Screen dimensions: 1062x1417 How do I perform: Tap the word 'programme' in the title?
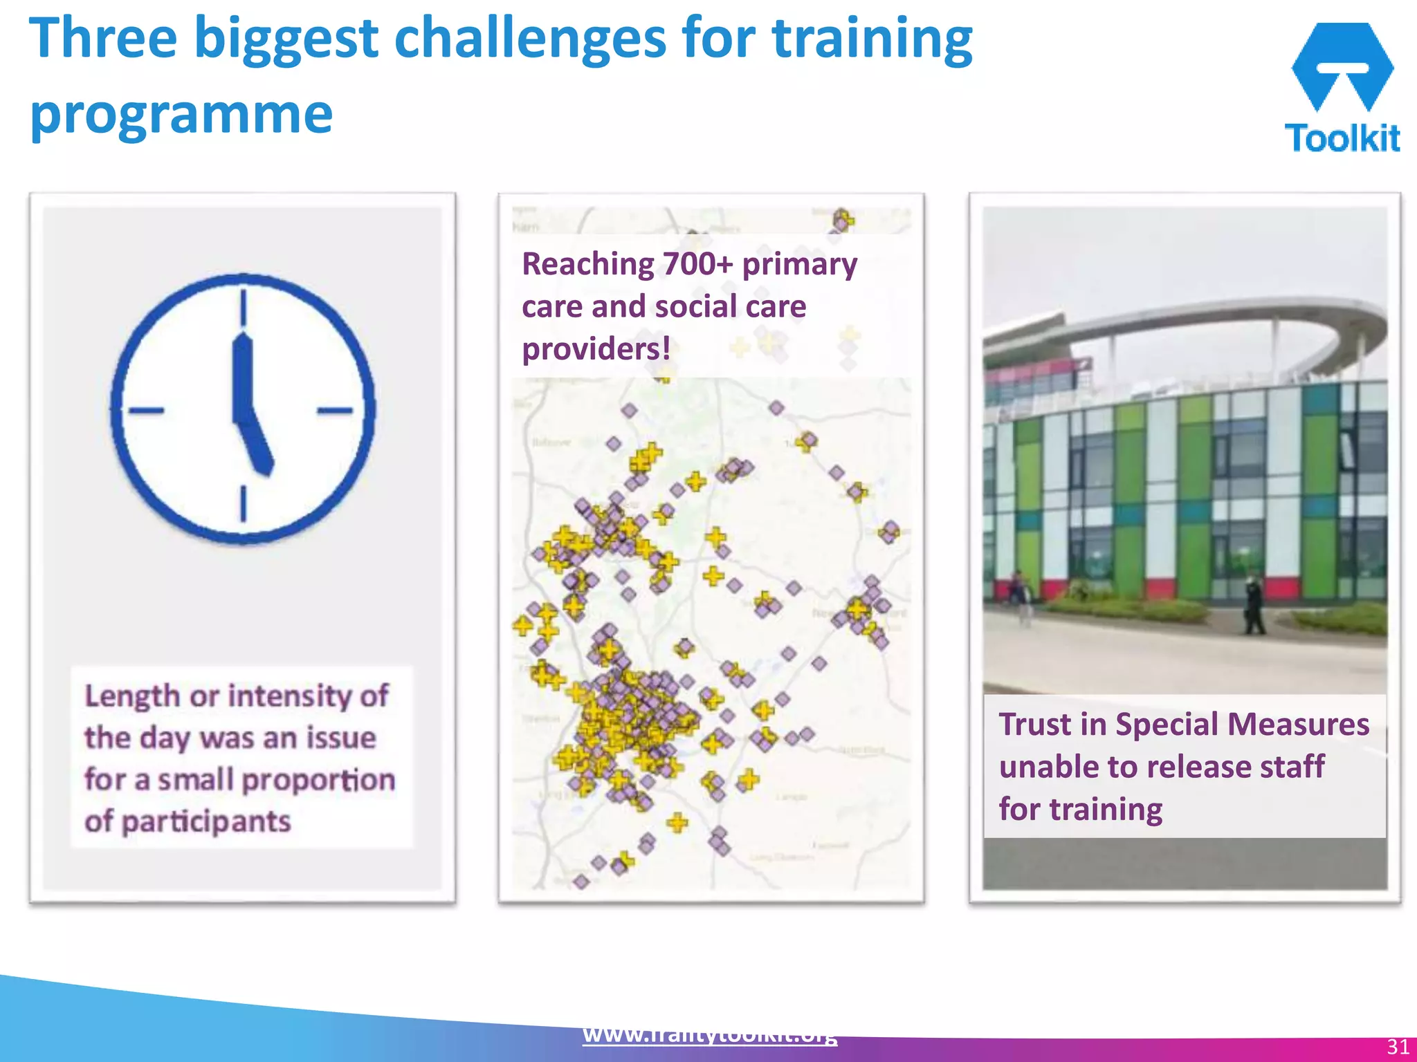(181, 114)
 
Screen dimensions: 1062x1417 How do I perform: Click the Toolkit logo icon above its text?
(1342, 66)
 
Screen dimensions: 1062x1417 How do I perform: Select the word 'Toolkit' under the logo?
(1342, 138)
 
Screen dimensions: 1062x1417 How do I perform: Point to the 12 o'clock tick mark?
(244, 307)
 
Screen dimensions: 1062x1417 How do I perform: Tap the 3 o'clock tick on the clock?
(335, 411)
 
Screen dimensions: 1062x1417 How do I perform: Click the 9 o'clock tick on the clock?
(146, 411)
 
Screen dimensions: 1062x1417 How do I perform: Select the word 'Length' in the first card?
(132, 696)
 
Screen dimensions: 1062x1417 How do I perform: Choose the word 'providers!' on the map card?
(596, 348)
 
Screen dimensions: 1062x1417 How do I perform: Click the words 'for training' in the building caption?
(1080, 809)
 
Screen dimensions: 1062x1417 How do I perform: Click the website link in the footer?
(709, 1035)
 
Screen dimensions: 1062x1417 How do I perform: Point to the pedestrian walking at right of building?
(1253, 606)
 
